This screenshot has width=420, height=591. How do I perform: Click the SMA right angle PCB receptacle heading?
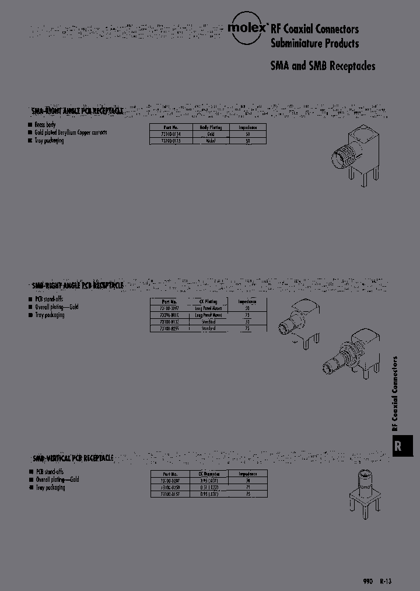click(77, 110)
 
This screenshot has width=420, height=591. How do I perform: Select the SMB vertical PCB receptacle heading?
click(72, 458)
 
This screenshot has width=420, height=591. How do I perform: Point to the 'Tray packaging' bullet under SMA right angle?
click(49, 141)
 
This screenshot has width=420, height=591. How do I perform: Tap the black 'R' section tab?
click(399, 446)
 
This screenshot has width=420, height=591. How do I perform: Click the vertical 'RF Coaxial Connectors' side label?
click(395, 392)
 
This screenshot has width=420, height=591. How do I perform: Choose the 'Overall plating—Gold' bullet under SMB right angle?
click(56, 307)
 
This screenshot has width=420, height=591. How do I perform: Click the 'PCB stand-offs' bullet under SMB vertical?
click(50, 471)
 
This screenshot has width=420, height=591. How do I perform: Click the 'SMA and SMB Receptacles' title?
click(323, 66)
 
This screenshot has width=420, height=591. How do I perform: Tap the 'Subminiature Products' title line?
click(314, 43)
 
